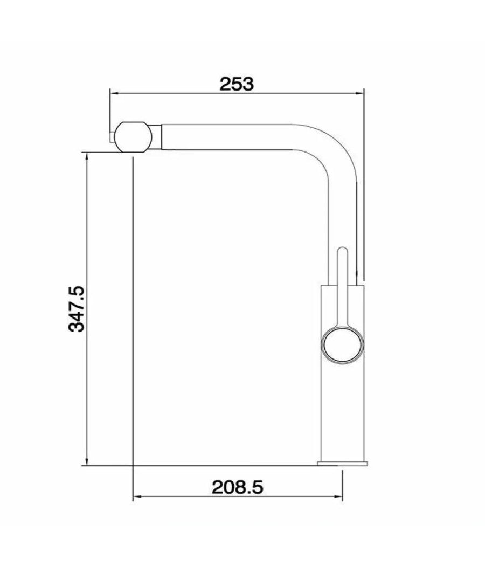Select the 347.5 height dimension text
77,309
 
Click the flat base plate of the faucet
343,463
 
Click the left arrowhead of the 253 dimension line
113,93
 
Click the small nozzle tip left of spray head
112,137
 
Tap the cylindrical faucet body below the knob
343,410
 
